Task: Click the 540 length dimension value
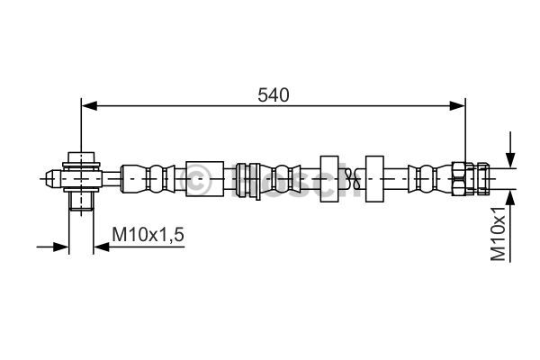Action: coord(274,95)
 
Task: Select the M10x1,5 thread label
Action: coord(148,235)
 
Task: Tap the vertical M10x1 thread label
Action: coord(499,234)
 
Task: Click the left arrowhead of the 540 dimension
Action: coord(89,106)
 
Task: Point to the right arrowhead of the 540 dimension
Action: coord(457,106)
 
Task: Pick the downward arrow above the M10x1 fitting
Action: coord(510,150)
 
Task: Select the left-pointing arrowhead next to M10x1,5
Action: coord(102,247)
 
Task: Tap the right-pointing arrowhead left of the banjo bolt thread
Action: coord(61,247)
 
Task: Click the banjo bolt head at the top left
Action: coord(81,157)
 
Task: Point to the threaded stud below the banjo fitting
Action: coord(81,201)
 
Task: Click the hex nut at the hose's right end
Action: coord(459,179)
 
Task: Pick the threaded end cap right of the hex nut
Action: coord(482,179)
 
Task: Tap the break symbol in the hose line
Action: coord(349,179)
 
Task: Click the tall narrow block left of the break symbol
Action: coord(329,179)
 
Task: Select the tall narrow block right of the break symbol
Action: coord(374,179)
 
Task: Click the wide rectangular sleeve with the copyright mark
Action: coord(205,179)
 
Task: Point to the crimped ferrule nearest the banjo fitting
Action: coord(148,179)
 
